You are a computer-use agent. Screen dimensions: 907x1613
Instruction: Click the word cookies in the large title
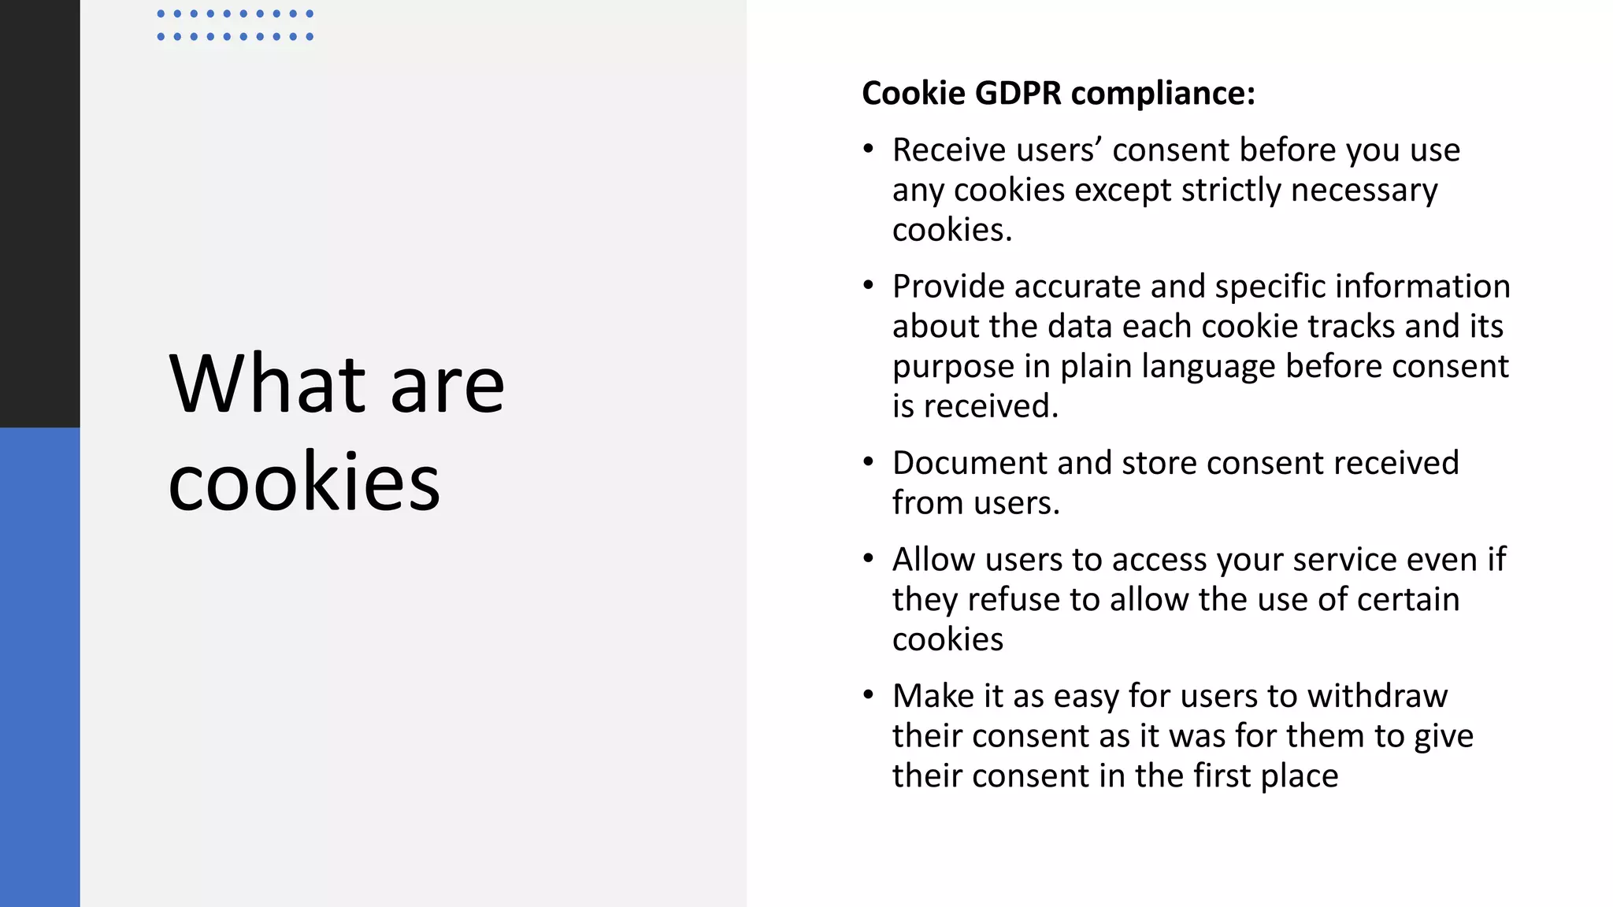click(304, 481)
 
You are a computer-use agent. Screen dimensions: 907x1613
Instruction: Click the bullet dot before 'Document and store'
click(868, 462)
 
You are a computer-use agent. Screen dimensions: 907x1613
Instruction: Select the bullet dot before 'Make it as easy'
click(868, 695)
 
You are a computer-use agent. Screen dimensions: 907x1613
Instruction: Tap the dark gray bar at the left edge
click(39, 213)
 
